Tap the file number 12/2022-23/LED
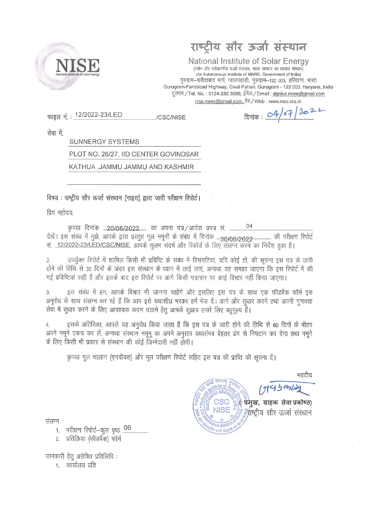click(98, 115)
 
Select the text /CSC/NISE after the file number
click(171, 118)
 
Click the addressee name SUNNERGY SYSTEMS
click(104, 142)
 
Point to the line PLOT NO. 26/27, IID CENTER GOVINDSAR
click(134, 154)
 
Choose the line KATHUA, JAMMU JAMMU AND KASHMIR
click(131, 167)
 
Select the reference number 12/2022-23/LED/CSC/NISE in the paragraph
click(93, 245)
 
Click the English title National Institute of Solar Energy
click(248, 61)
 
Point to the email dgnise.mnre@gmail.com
click(298, 94)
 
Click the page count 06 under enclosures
click(127, 428)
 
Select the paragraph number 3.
click(48, 293)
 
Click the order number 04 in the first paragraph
click(249, 226)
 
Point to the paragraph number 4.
click(48, 325)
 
